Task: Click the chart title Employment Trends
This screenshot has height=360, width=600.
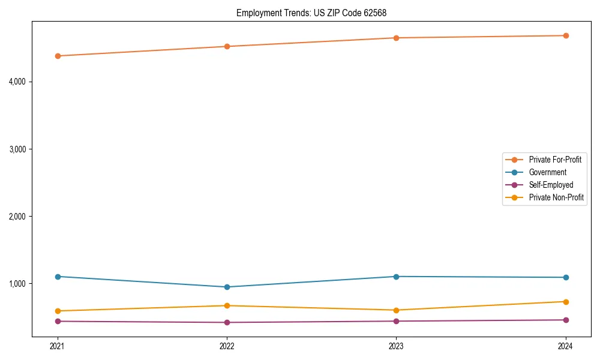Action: click(x=316, y=13)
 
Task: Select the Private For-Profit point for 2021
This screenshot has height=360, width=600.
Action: click(x=58, y=56)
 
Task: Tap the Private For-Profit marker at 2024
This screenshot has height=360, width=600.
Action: click(x=566, y=35)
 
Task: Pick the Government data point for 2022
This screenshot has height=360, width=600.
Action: click(x=227, y=287)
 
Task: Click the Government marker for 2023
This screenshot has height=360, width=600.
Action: click(x=396, y=277)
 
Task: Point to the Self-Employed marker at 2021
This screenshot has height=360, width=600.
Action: click(x=58, y=321)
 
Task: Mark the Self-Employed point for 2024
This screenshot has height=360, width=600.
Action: click(x=566, y=320)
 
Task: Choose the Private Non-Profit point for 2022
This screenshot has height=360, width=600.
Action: click(x=227, y=305)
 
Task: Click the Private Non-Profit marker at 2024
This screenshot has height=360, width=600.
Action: click(x=566, y=302)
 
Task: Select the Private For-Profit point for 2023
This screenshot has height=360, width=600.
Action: click(x=396, y=38)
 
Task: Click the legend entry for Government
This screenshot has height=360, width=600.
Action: click(x=547, y=172)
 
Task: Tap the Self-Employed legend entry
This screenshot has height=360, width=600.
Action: click(x=551, y=185)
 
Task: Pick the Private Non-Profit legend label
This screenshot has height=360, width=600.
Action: click(x=556, y=197)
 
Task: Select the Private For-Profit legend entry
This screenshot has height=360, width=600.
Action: click(x=555, y=160)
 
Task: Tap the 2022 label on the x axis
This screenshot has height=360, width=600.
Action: click(x=227, y=346)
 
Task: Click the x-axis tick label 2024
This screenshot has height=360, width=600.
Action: click(x=566, y=346)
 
